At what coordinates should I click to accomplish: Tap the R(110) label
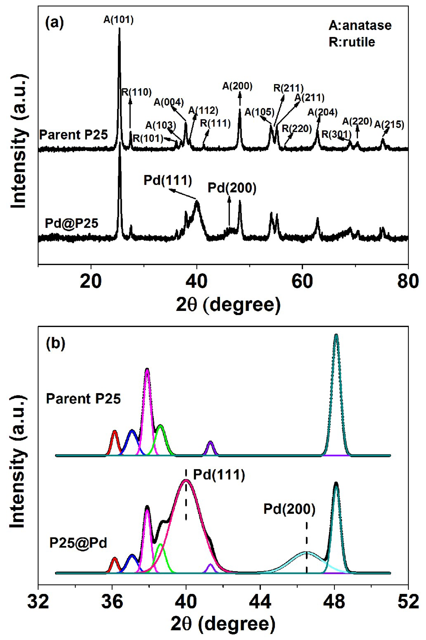pos(136,92)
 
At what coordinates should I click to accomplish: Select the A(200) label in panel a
pos(237,86)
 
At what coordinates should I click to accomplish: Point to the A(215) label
pos(389,124)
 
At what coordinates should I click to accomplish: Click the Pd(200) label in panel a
pos(232,188)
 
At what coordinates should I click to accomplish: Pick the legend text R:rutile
pos(352,42)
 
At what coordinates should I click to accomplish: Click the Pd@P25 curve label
pos(71,223)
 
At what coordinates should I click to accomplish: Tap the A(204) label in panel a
pos(322,112)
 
